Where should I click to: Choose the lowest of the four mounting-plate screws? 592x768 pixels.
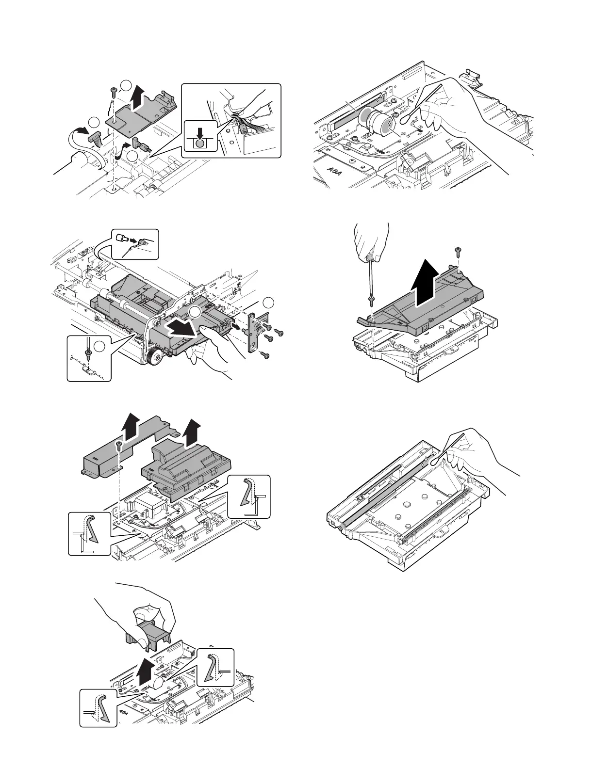pos(264,356)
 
